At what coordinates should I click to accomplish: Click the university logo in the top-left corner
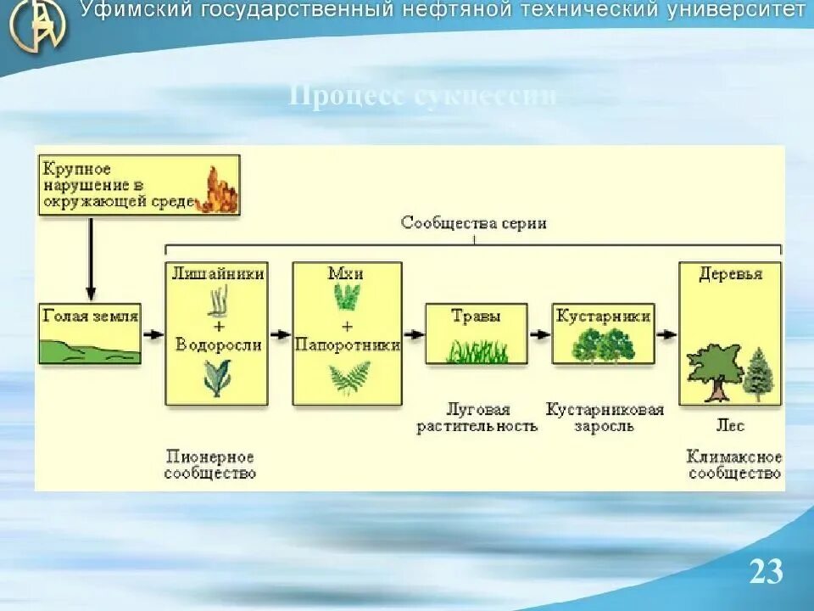37,25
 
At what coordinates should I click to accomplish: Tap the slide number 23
765,572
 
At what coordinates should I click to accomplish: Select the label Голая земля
90,317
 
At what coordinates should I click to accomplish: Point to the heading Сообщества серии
473,223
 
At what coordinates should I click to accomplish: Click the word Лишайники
218,273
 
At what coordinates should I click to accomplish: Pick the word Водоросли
218,345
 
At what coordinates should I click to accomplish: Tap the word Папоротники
347,345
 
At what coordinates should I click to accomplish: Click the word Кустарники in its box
603,317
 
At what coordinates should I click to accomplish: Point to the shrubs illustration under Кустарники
603,346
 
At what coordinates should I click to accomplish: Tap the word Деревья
730,274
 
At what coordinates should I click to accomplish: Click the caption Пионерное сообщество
210,465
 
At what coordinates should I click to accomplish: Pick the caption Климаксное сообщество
734,465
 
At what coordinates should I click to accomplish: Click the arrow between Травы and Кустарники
538,334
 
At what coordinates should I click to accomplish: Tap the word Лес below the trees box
730,425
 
